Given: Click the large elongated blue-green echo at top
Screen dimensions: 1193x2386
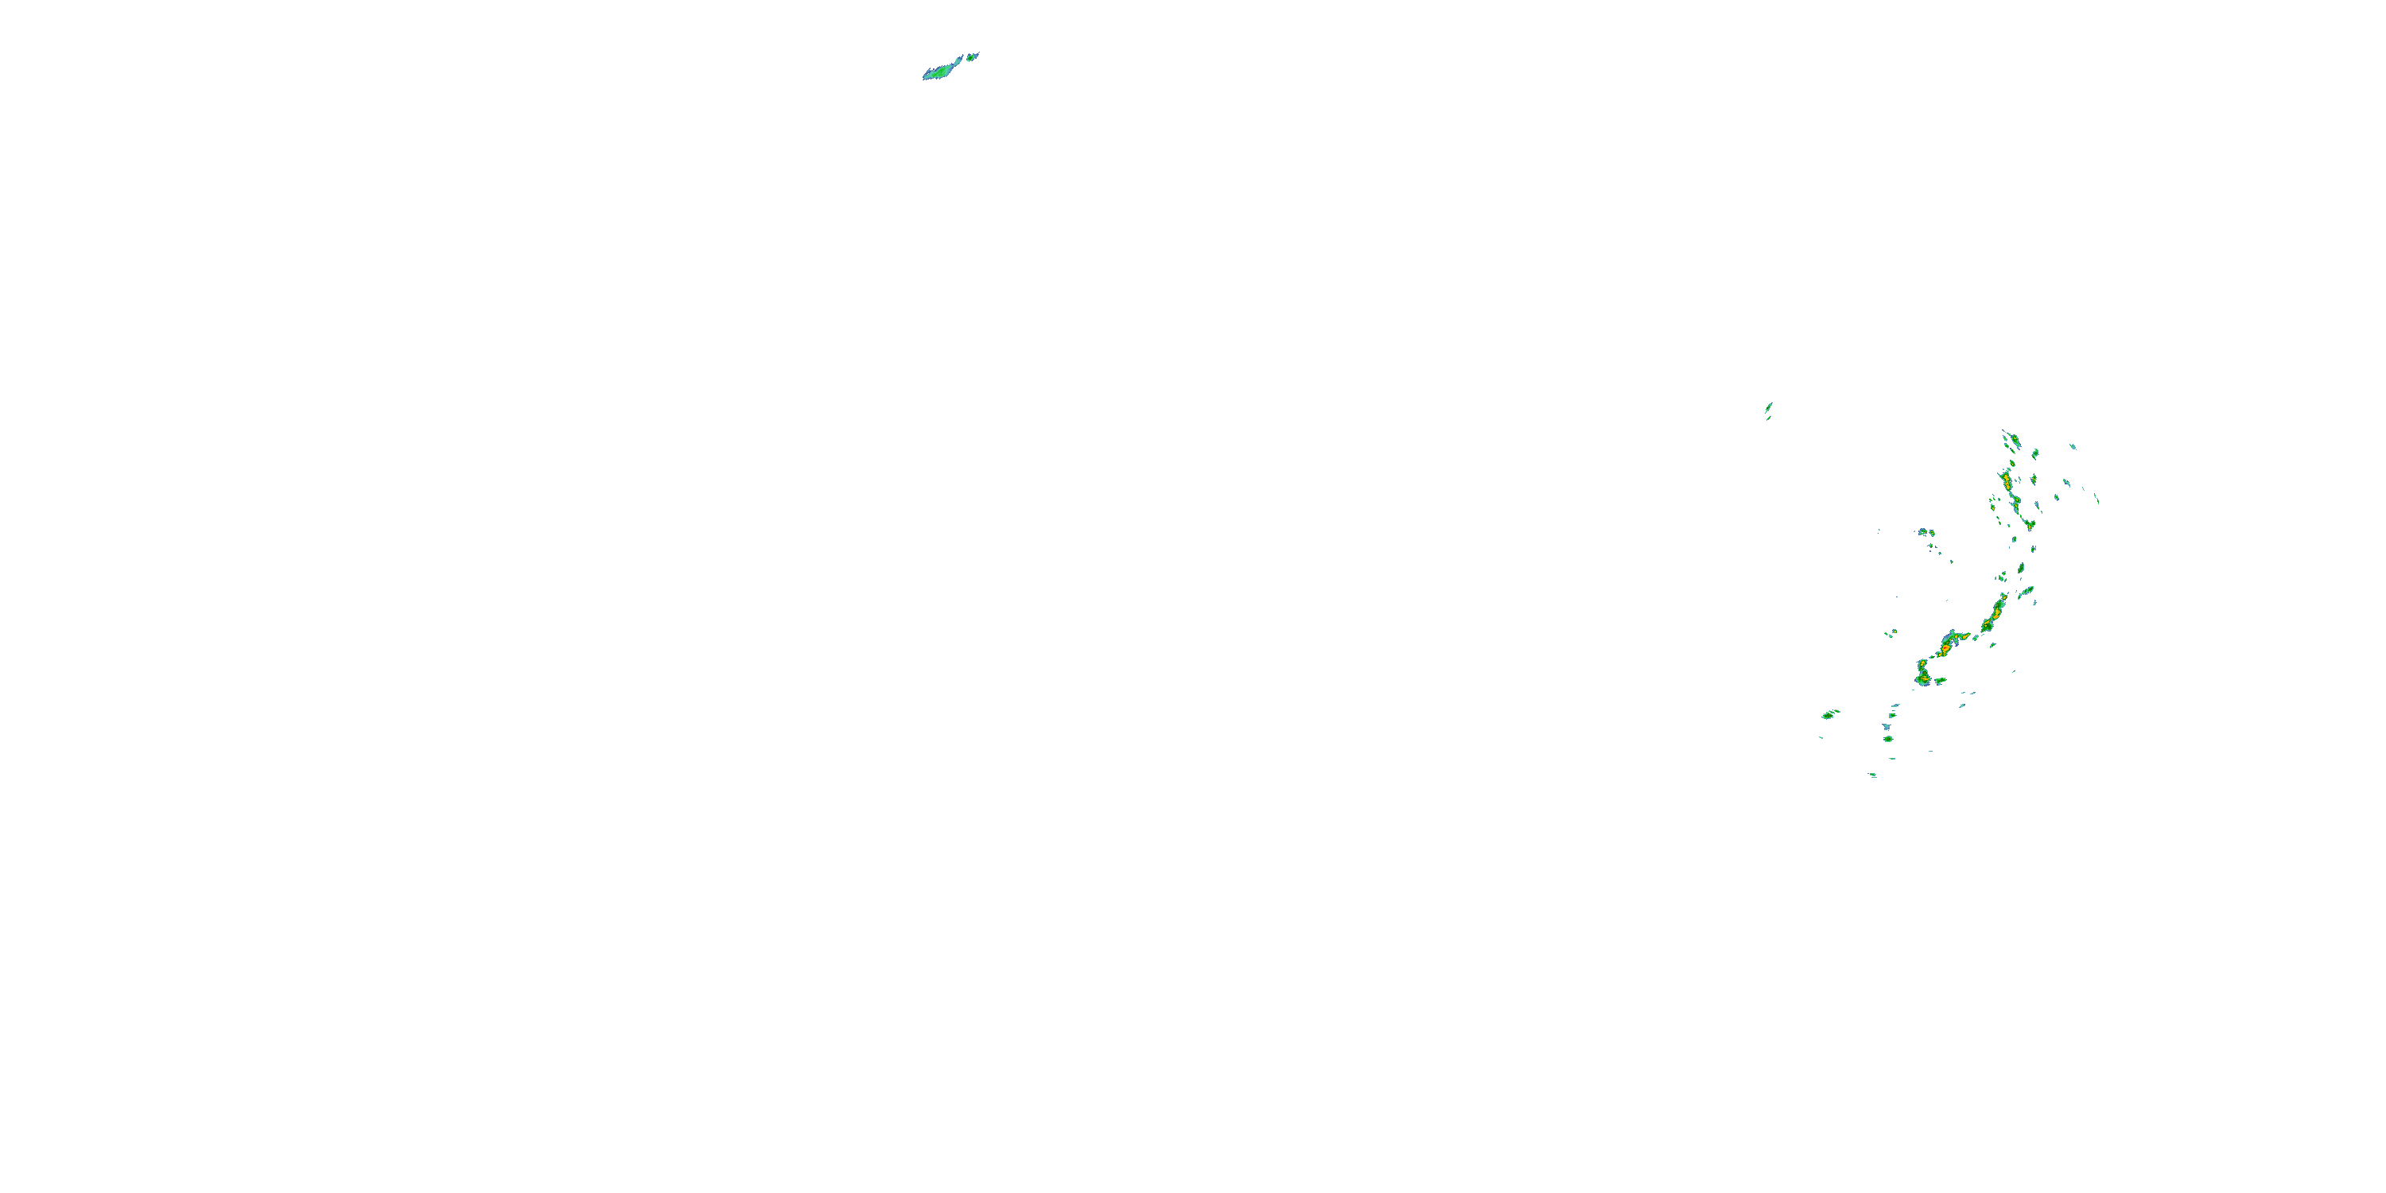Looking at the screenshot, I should (x=943, y=69).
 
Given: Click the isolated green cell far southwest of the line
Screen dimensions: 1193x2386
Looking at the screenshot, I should (x=1829, y=714).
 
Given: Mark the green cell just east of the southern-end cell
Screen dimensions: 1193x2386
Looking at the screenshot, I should (x=1941, y=682).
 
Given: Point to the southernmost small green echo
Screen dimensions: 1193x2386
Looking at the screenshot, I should (x=1872, y=775).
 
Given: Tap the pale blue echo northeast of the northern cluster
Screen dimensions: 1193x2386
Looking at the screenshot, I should (x=2073, y=446).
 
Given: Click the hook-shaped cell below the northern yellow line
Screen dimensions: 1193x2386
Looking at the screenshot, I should (x=2028, y=524).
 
